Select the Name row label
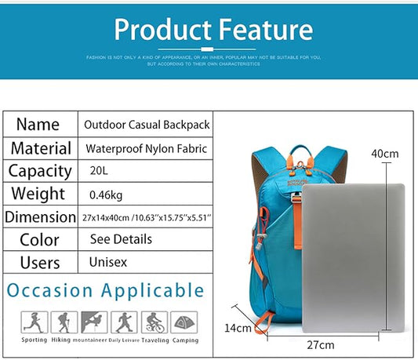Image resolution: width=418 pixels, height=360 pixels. [x=38, y=124]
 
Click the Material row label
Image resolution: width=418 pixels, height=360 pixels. [x=41, y=147]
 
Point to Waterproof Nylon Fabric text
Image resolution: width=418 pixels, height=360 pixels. [x=146, y=148]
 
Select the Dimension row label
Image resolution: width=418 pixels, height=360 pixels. [x=41, y=217]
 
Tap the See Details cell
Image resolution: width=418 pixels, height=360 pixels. [x=121, y=239]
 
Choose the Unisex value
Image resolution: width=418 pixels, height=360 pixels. [x=108, y=262]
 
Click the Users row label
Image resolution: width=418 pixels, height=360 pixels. [x=39, y=262]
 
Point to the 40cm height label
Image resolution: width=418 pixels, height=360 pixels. [x=385, y=154]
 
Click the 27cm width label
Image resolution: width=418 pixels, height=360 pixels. [x=321, y=344]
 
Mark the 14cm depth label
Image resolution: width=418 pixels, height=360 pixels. [x=238, y=328]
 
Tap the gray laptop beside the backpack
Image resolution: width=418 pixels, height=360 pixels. [x=352, y=255]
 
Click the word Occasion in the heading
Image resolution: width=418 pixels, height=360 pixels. [x=49, y=290]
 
